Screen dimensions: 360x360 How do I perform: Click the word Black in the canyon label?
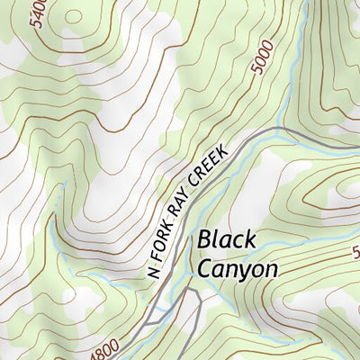(227, 240)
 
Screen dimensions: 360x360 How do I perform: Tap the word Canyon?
(237, 267)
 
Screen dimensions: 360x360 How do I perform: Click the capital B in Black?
(204, 240)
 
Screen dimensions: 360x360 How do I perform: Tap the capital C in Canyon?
(205, 267)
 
